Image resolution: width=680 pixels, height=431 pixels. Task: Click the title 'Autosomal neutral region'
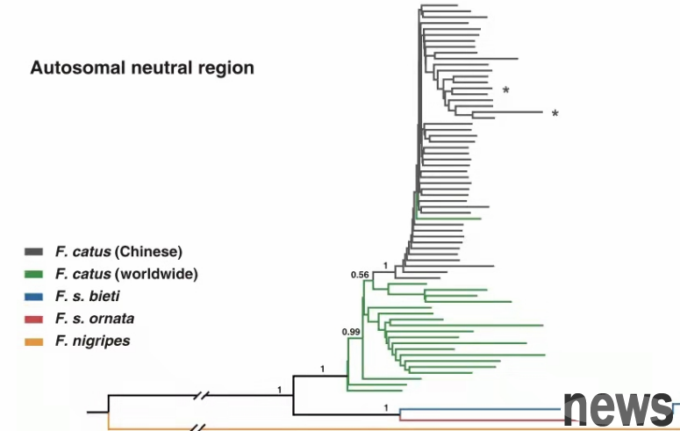142,68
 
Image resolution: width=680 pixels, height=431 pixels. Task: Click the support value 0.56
360,275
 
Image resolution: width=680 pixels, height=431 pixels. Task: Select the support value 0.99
352,332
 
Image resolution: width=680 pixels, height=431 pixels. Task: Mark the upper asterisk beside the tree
506,91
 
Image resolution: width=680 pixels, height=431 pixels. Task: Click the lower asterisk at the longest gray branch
555,114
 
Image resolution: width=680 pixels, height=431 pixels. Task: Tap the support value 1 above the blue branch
385,406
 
